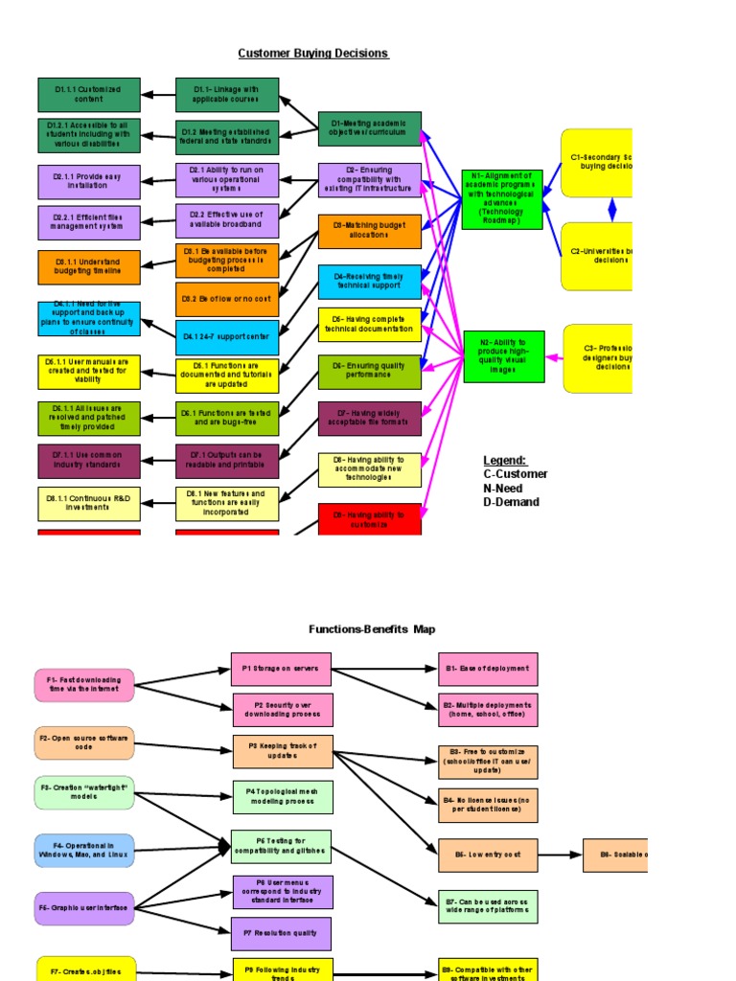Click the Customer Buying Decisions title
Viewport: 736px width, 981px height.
[x=313, y=54]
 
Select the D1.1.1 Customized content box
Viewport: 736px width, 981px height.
[x=89, y=95]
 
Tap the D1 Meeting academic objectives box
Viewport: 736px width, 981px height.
[x=369, y=128]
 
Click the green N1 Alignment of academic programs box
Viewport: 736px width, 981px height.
[x=501, y=199]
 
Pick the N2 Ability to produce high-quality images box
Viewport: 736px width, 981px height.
[x=503, y=356]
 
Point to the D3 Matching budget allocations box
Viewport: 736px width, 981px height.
[x=369, y=231]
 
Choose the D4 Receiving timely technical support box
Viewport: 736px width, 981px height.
[x=369, y=282]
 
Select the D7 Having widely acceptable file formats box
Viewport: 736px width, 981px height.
[x=369, y=419]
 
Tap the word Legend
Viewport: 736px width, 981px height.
[x=505, y=460]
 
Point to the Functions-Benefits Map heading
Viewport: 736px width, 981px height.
[x=371, y=629]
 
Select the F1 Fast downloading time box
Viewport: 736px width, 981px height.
[x=84, y=685]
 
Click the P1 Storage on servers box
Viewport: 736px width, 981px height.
[x=281, y=669]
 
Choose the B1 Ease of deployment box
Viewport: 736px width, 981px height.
[x=488, y=669]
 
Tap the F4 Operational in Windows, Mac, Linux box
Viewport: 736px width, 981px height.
[x=84, y=851]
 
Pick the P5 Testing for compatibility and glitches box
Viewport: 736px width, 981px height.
[x=281, y=847]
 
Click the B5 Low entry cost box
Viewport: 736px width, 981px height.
[x=488, y=855]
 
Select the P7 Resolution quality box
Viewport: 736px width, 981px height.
[x=282, y=933]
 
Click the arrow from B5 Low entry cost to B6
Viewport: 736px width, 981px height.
[x=560, y=855]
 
